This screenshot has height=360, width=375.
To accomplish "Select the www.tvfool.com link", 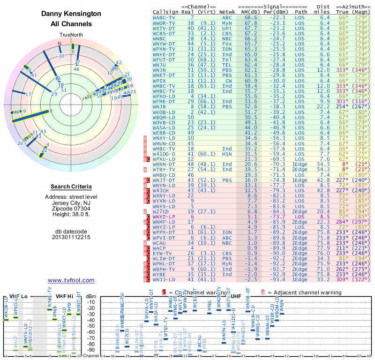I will coord(71,280).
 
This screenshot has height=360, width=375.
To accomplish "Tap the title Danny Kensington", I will coord(71,14).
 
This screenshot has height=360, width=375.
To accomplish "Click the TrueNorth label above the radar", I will coord(71,35).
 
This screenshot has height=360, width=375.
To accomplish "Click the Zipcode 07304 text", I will coord(71,209).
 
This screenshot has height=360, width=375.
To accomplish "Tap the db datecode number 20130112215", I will coord(71,237).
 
